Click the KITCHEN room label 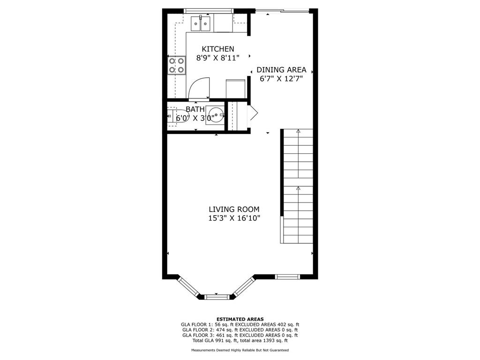coord(218,49)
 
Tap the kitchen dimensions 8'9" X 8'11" coord(217,58)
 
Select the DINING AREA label coord(281,70)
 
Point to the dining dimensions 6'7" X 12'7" coord(281,79)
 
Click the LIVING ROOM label coord(234,210)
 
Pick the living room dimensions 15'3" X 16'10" coord(234,218)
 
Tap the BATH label coord(195,109)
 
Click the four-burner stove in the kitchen coord(177,65)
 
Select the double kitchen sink coord(201,23)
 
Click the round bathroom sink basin coord(217,114)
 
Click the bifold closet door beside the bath coord(254,113)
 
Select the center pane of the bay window coord(217,296)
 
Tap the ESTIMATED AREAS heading coord(240,319)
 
